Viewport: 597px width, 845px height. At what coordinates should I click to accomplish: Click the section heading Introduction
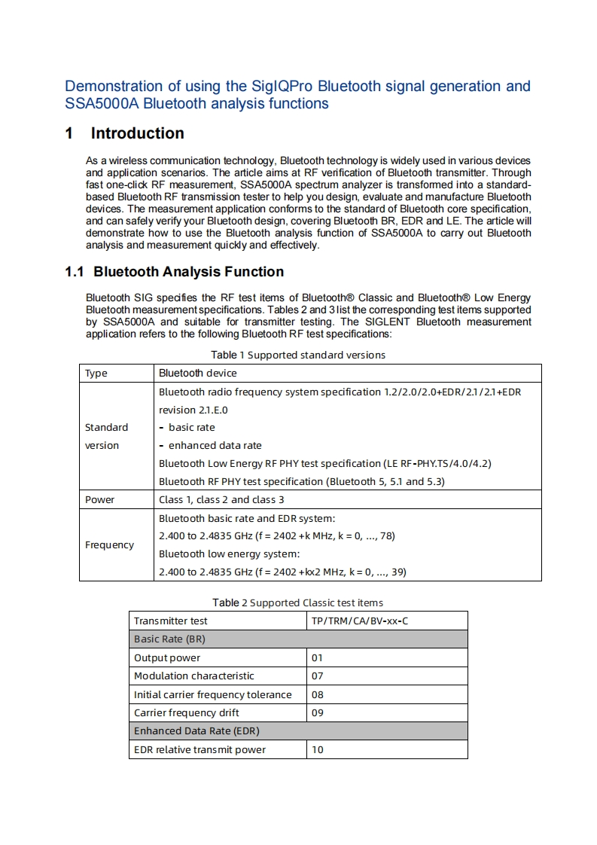(x=137, y=133)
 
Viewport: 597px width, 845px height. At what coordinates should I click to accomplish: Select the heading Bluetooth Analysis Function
(x=188, y=272)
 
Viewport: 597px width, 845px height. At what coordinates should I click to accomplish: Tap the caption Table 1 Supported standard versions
(x=297, y=355)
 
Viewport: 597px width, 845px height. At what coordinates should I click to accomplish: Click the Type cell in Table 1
(x=96, y=373)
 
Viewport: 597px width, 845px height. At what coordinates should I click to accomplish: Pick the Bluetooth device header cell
(x=197, y=373)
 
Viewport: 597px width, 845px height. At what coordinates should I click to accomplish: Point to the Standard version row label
(x=106, y=436)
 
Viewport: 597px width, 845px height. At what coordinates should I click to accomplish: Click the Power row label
(x=99, y=499)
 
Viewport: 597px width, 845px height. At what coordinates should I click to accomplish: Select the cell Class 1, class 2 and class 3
(x=221, y=499)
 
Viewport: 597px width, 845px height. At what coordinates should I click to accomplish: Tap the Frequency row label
(x=109, y=545)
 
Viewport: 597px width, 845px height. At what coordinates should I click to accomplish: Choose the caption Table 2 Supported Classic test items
(x=297, y=602)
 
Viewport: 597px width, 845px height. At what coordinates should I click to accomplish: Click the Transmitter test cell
(x=170, y=621)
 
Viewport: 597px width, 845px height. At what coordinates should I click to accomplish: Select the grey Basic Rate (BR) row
(x=298, y=639)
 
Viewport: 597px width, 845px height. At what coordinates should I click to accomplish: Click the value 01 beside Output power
(x=317, y=657)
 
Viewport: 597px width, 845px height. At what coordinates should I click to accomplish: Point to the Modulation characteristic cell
(x=194, y=676)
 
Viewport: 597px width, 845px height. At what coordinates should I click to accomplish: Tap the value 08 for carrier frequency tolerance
(x=317, y=694)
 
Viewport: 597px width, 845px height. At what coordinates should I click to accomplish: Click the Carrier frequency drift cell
(x=187, y=712)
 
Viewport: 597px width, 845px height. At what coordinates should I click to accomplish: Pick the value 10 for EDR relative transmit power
(x=317, y=749)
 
